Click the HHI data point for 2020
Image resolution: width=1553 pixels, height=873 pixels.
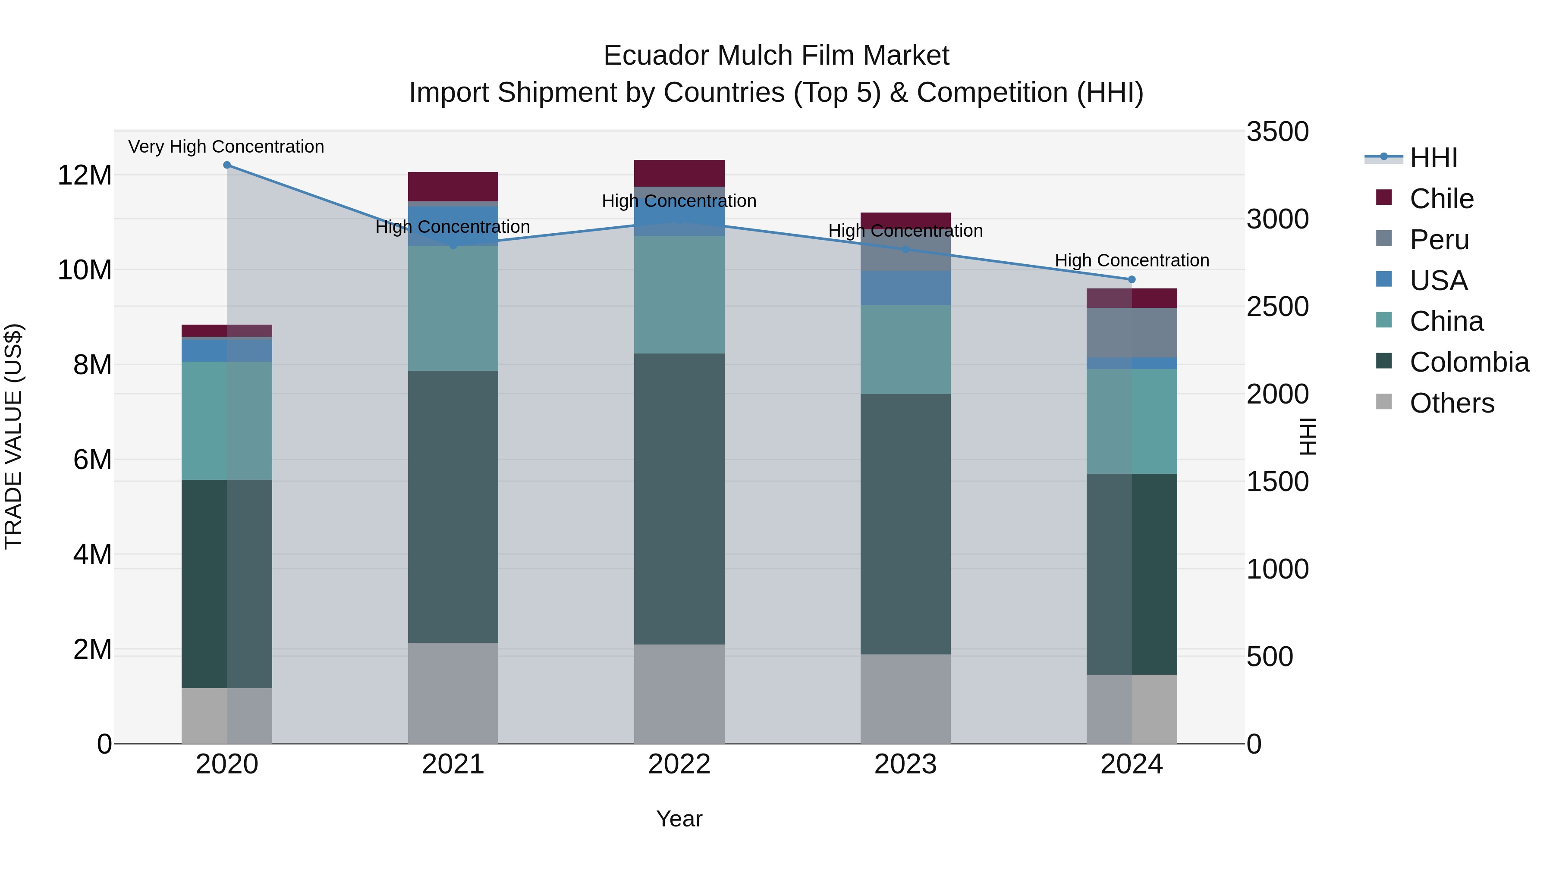226,165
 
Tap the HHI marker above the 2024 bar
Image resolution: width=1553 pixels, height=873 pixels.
1132,279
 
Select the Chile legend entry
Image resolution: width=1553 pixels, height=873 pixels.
1441,199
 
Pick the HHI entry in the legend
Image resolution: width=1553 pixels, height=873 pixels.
1433,158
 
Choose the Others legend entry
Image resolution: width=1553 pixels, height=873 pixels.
1451,403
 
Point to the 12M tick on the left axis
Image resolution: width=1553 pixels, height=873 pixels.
85,175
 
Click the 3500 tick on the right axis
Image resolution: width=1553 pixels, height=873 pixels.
1277,131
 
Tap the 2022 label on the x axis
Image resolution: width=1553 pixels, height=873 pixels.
679,764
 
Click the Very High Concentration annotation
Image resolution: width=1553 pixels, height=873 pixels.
226,147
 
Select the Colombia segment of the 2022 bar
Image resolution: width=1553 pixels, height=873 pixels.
679,499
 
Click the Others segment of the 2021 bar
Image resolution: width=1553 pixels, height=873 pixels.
453,693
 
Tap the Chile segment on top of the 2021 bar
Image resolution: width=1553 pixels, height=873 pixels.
453,186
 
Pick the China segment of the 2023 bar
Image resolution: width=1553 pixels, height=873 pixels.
905,350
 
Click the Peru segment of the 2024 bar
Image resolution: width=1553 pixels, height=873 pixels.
1132,332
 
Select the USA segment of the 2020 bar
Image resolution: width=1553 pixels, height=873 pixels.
226,350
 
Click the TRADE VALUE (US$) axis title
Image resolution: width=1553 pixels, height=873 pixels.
13,436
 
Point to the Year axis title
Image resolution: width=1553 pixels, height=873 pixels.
679,819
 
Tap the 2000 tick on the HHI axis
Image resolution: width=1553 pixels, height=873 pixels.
1277,394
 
